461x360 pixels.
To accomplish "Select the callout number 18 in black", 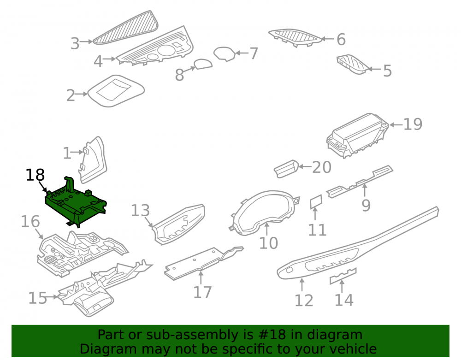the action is click(x=35, y=175).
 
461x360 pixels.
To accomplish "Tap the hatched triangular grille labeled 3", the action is click(x=125, y=28).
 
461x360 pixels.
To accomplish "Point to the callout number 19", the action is click(x=413, y=124).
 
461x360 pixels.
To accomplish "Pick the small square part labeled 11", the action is click(x=316, y=202).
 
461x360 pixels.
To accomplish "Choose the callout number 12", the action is click(x=304, y=301).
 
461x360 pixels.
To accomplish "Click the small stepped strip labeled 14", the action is click(x=343, y=276).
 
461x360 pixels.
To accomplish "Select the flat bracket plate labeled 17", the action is click(x=204, y=263).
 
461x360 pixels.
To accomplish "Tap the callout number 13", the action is click(x=140, y=211).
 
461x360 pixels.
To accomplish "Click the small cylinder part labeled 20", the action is click(x=286, y=169).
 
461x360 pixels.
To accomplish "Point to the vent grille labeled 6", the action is click(x=295, y=38).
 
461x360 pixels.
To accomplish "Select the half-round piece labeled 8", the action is click(x=203, y=64).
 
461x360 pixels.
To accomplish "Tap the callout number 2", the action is click(x=71, y=95).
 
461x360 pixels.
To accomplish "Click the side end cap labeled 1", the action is click(x=94, y=159).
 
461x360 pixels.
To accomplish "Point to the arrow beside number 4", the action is click(x=110, y=59).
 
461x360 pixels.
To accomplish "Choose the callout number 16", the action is click(x=30, y=222).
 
